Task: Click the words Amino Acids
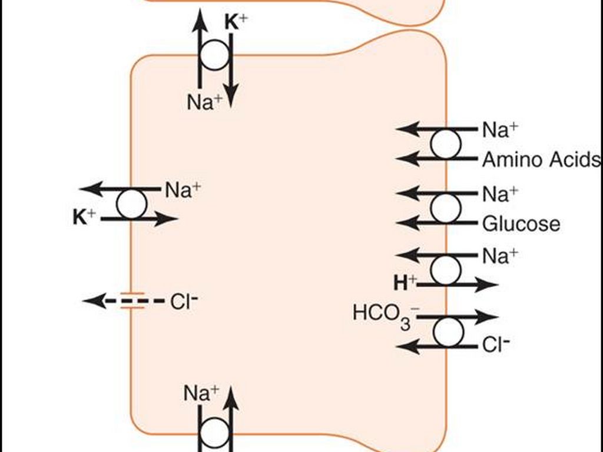point(541,159)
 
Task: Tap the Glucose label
point(521,224)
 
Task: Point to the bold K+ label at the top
point(237,22)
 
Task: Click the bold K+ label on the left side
point(84,218)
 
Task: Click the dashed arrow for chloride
point(124,301)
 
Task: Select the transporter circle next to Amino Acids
point(446,144)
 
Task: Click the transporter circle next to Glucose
point(446,208)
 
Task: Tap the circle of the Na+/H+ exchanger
point(446,270)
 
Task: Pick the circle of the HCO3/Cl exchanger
point(449,332)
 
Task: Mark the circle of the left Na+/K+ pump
point(131,204)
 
